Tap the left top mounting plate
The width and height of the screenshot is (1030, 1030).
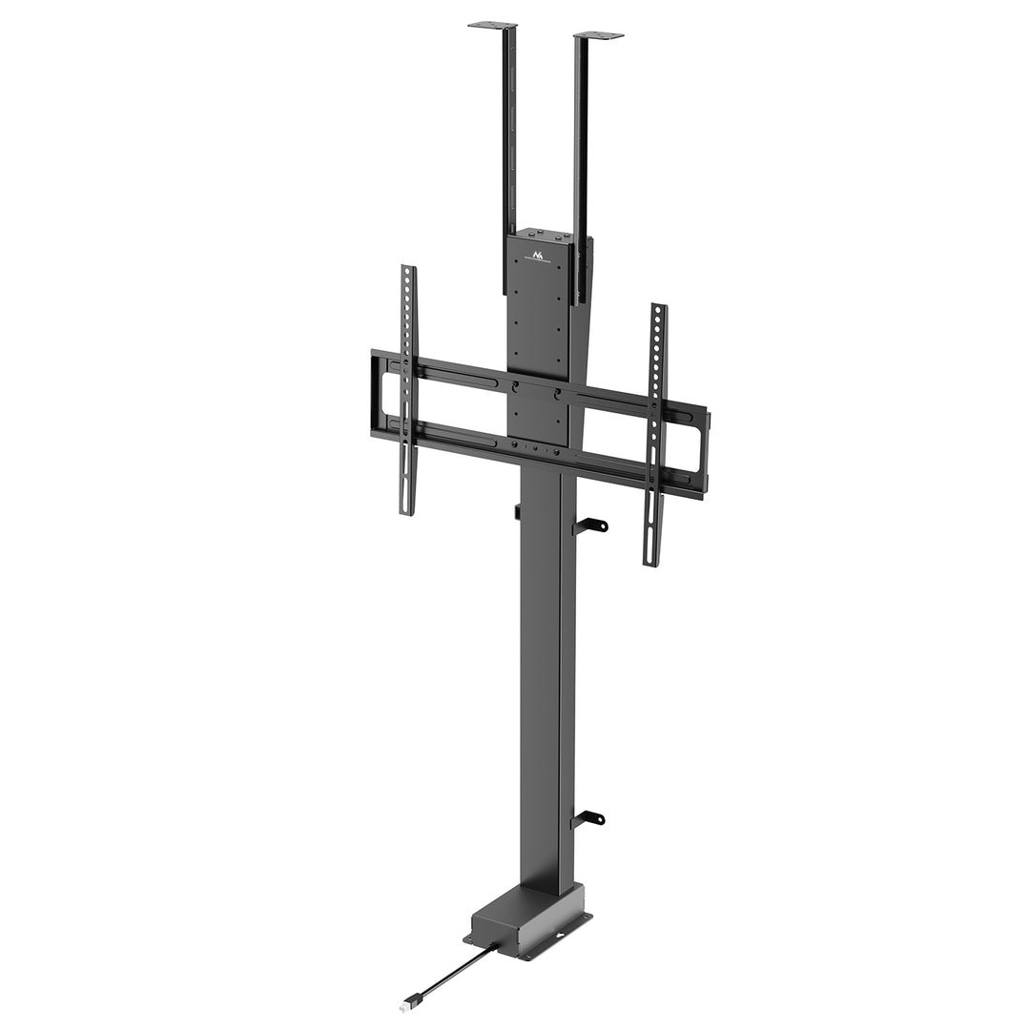tap(492, 25)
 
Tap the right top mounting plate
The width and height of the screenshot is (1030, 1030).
tap(599, 35)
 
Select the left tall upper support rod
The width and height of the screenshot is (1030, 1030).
tap(509, 143)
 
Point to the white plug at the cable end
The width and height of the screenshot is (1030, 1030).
tap(407, 1004)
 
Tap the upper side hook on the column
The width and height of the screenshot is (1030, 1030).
tap(591, 525)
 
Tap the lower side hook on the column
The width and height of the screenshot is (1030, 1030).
tap(590, 818)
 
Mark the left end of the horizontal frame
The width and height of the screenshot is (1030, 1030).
tap(378, 396)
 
